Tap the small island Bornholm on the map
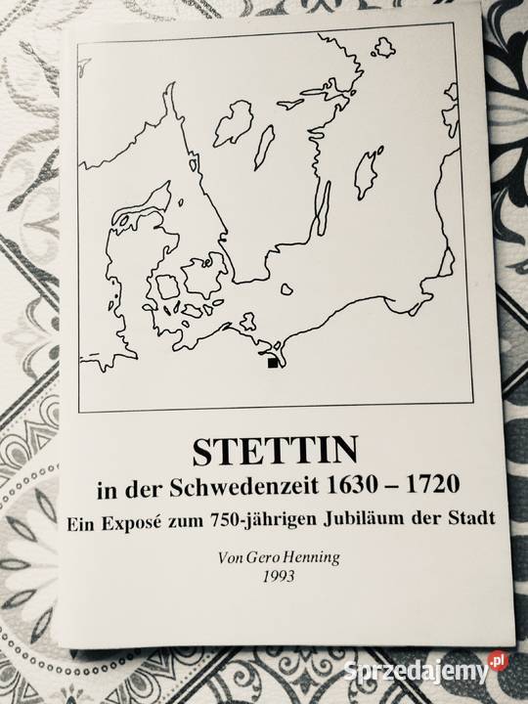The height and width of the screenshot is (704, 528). coord(286,289)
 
